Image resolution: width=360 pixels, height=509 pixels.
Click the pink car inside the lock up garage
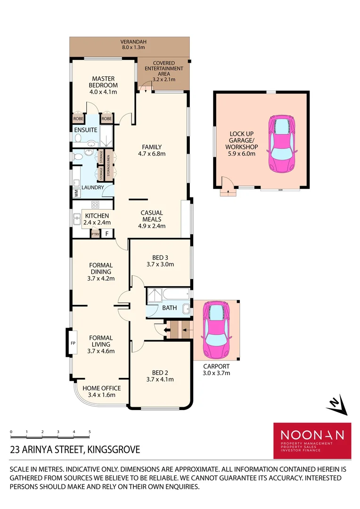281,143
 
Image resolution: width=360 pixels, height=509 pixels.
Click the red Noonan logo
312,440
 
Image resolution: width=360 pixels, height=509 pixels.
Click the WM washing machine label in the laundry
75,193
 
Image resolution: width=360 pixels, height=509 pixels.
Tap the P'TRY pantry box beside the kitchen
95,233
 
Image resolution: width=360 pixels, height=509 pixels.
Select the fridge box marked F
107,233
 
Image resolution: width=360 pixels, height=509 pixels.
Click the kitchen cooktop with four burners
95,205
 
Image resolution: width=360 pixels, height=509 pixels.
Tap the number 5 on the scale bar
89,432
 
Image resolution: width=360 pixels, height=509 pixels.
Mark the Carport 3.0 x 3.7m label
217,369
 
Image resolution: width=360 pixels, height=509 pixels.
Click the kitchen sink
77,219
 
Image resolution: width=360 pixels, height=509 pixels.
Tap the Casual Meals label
152,216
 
